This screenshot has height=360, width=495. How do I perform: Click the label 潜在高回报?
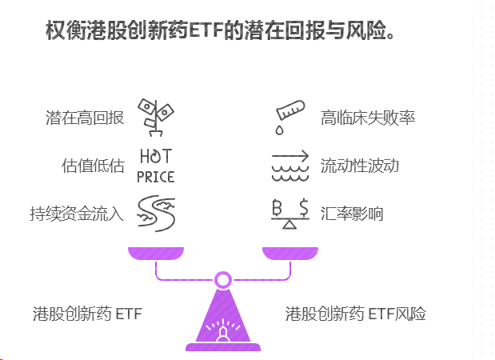tap(85, 118)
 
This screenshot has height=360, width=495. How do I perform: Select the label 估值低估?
tap(93, 166)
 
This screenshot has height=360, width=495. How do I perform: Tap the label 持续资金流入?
tap(77, 214)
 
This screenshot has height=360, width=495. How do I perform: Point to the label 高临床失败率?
tap(367, 118)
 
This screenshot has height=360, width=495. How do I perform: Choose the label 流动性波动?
tap(359, 166)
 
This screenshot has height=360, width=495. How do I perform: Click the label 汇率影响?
tap(351, 214)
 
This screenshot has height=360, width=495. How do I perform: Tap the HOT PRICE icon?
tap(155, 166)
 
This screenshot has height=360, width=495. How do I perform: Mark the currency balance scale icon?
tap(289, 214)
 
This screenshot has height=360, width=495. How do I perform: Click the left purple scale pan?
tap(156, 253)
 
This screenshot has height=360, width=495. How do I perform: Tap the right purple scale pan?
tap(289, 253)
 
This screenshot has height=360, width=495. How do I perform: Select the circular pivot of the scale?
tap(223, 280)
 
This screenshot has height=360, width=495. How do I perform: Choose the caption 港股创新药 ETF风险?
tap(355, 314)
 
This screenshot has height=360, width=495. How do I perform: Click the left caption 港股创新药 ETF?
tap(87, 314)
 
